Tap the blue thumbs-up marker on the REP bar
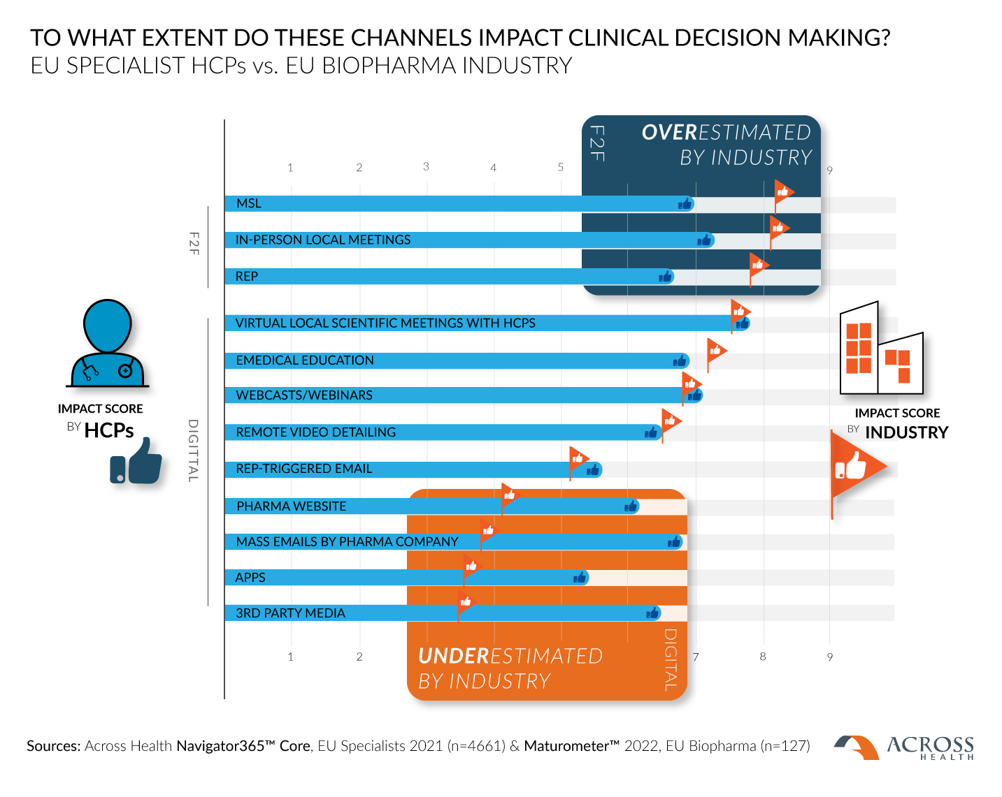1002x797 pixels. [x=666, y=277]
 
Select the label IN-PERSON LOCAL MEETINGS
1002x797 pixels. [x=322, y=240]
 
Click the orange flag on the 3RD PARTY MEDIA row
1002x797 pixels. [x=465, y=602]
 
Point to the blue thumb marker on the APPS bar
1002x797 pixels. [x=580, y=578]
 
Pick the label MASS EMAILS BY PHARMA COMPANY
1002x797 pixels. [x=347, y=541]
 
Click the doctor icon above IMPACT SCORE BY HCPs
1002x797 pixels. [x=107, y=343]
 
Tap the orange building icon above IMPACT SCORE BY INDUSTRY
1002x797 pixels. [x=881, y=350]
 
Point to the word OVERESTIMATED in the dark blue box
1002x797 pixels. [x=726, y=132]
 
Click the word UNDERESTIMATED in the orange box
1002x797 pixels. [x=510, y=656]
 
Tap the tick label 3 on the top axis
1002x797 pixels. [x=426, y=166]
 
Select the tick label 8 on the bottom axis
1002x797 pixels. [x=763, y=656]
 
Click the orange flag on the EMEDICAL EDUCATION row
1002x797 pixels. [x=715, y=349]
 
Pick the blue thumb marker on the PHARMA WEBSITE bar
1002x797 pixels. [x=631, y=506]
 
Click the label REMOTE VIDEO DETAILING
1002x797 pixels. [x=315, y=432]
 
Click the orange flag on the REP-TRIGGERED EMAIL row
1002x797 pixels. [x=578, y=458]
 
